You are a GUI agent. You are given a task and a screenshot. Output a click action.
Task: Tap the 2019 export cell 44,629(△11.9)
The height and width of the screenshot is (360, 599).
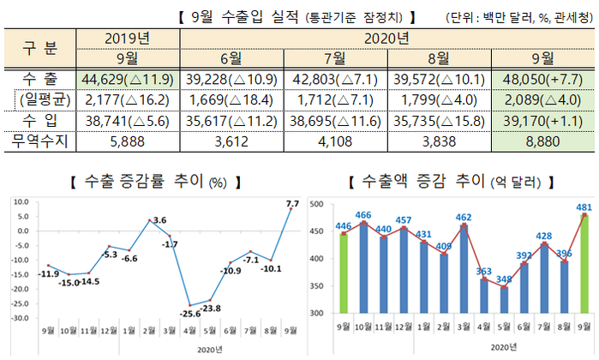[129, 79]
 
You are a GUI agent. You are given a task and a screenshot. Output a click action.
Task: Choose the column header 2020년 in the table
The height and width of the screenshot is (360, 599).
[388, 39]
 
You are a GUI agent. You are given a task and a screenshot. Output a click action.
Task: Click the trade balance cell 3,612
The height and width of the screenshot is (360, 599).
[231, 140]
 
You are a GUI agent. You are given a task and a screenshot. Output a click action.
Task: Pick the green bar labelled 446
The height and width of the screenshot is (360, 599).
[344, 274]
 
